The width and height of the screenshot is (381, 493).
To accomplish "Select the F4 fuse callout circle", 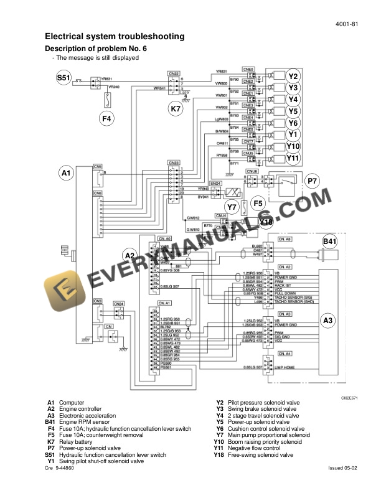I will click(107, 118).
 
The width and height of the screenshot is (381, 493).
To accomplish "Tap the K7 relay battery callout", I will click(176, 109).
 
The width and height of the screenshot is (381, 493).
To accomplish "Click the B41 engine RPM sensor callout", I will click(330, 241).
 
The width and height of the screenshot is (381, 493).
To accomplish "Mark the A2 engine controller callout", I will click(129, 255).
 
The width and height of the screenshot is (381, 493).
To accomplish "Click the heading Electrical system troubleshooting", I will click(115, 37).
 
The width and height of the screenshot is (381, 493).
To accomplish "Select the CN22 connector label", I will click(174, 73).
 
